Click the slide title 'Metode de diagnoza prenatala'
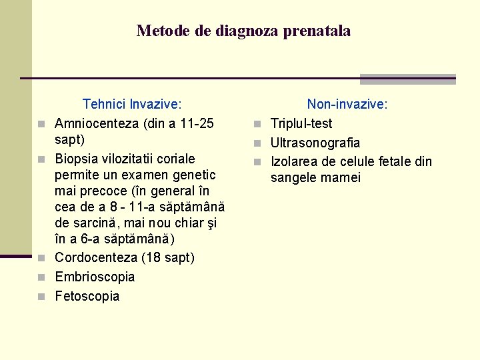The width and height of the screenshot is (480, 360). [243, 31]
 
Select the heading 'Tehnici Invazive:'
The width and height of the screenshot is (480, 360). [132, 104]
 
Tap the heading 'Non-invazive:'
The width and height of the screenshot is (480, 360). [347, 104]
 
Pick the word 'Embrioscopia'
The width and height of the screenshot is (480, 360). [95, 277]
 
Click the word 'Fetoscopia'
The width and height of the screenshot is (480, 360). [87, 296]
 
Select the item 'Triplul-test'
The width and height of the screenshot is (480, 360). [301, 123]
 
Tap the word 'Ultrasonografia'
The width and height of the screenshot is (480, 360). [315, 143]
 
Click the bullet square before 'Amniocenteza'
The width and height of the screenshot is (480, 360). [42, 124]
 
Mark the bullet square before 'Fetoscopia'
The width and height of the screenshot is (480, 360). [42, 297]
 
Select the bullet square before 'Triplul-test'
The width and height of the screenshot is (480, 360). [257, 124]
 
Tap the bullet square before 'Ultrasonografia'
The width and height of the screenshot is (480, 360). [257, 143]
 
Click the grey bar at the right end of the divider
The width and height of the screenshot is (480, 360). [407, 79]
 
